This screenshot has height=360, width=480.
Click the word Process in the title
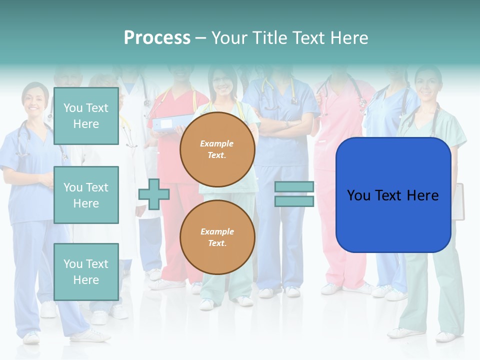(157, 38)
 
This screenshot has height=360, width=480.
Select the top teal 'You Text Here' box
(86, 116)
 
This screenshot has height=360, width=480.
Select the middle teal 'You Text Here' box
(86, 195)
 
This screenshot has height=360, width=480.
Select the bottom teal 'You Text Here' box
(86, 271)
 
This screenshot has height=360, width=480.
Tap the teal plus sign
(154, 194)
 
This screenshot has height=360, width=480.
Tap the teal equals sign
(294, 194)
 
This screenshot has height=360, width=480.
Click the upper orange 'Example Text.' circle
(217, 149)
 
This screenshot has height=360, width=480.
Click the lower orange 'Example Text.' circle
(217, 237)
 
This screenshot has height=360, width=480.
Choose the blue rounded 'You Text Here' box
(393, 195)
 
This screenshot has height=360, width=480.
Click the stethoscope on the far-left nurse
(22, 140)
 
